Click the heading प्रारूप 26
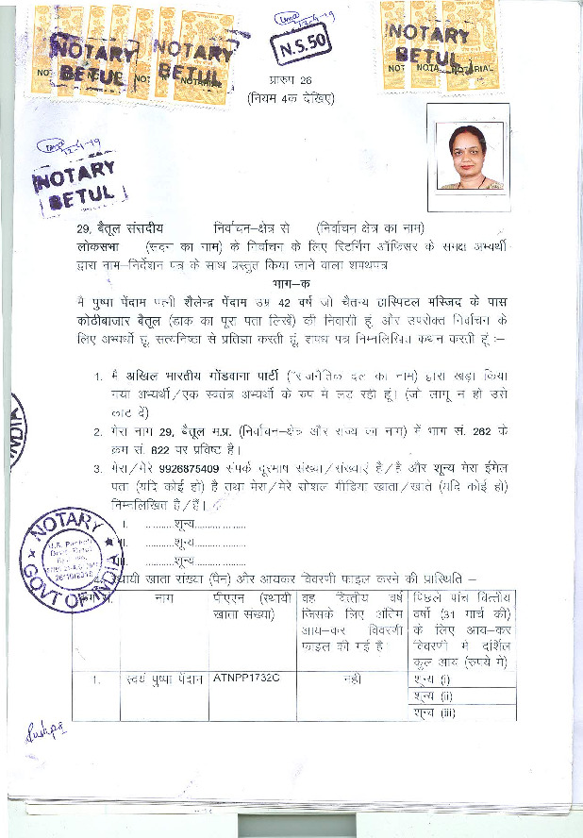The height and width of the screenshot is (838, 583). [x=291, y=81]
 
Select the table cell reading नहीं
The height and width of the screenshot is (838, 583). [x=352, y=679]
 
